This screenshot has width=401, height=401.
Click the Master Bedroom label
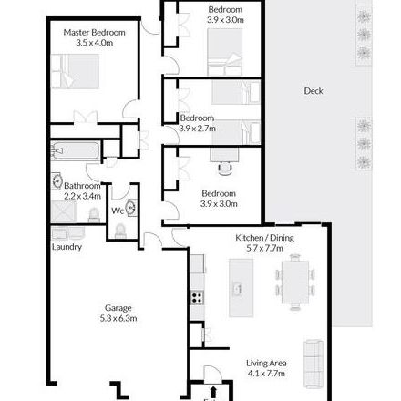coord(94,32)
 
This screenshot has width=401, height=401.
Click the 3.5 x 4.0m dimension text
coord(94,42)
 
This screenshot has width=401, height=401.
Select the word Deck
coord(314,91)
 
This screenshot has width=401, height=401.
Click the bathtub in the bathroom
coord(73,151)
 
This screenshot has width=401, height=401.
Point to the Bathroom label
coord(82,185)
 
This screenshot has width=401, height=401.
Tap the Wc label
coord(118,211)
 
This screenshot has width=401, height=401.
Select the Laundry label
coord(67,246)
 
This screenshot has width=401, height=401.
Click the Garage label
coord(118,309)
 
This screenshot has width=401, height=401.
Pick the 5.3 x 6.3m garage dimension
coord(118,319)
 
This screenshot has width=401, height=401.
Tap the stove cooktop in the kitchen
coord(196,296)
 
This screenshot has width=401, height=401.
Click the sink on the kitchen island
coord(239,289)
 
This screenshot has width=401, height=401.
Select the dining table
coord(293,282)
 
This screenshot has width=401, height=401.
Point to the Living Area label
coord(267,363)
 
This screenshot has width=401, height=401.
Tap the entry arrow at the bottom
coord(213,393)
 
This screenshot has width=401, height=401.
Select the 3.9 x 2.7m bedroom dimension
coord(198,129)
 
